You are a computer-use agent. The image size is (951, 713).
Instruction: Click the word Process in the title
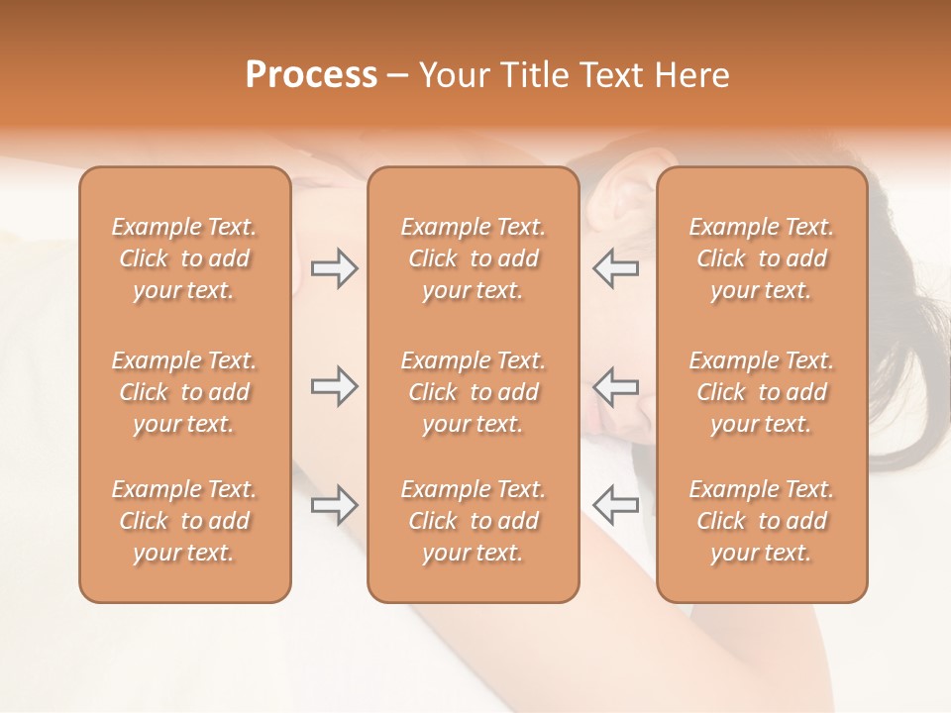(311, 75)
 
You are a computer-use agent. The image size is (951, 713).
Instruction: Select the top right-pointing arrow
(334, 268)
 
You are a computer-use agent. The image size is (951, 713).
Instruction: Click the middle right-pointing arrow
(334, 386)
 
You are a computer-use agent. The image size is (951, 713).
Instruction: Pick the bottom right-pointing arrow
(334, 504)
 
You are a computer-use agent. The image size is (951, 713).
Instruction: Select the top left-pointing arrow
(615, 268)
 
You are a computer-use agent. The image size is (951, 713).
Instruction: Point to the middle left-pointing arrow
(615, 386)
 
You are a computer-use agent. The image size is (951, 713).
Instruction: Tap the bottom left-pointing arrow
(615, 504)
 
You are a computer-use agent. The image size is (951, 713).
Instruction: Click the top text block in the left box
(184, 258)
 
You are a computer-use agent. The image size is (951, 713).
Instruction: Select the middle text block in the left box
(184, 392)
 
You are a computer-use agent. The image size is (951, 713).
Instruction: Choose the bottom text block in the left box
(184, 521)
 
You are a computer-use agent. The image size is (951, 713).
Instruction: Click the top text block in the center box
(474, 258)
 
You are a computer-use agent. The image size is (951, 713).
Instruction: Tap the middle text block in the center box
(474, 392)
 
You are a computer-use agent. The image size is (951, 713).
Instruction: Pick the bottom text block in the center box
(474, 521)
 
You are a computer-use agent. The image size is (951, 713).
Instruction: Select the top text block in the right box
(762, 258)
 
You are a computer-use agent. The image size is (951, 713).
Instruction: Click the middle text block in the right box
(762, 392)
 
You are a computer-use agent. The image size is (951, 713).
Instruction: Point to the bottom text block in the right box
(762, 521)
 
